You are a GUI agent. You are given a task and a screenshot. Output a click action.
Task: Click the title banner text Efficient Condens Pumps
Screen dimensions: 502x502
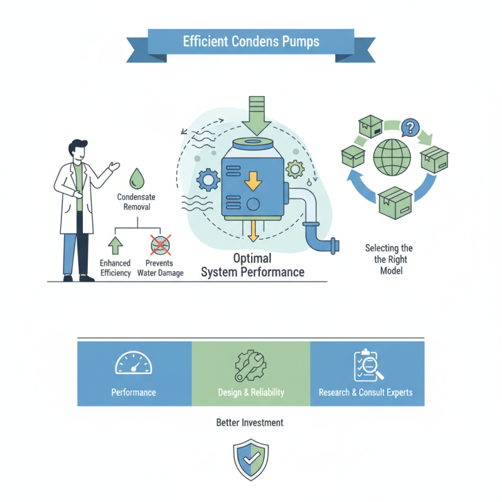pos(251,41)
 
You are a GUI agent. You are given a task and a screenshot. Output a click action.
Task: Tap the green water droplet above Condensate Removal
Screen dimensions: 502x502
pos(137,179)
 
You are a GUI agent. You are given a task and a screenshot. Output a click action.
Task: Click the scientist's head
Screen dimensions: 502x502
pos(78,150)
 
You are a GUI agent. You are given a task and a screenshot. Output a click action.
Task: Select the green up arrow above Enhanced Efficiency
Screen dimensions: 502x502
pos(115,245)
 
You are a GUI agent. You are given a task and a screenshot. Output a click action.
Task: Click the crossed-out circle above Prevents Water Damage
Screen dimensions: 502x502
pos(161,245)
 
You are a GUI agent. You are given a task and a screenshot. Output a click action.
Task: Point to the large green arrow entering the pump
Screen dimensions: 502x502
pos(257,116)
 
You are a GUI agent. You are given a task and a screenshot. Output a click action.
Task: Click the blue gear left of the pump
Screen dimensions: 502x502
pos(208,180)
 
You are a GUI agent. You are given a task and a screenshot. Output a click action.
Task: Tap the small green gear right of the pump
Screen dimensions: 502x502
pos(295,169)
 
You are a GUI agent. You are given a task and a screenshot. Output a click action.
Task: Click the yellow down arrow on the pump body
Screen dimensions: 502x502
pos(253,181)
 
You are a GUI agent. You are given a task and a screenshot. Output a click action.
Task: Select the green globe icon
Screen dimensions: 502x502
pos(392,158)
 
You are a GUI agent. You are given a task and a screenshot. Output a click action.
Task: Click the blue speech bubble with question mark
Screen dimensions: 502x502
pos(410,127)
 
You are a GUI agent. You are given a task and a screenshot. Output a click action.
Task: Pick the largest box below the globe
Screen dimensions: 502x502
pos(395,203)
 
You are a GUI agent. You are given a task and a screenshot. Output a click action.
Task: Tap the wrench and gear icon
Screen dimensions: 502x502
pos(250,366)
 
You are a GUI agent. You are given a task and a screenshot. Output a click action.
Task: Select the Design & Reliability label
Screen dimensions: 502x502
pos(251,393)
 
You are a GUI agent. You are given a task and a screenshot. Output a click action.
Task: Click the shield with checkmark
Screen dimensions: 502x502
pos(250,459)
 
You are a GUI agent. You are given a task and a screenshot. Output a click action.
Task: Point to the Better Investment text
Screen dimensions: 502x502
pos(250,422)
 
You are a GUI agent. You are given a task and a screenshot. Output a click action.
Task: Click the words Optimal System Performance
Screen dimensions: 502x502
pos(253,265)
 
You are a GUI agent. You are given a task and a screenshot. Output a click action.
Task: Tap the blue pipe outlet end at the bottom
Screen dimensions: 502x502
pos(335,246)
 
